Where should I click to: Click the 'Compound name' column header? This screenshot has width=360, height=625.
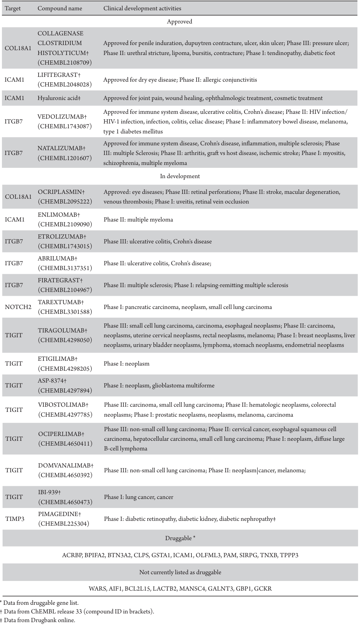(60, 8)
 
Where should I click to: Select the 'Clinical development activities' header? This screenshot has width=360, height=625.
(142, 8)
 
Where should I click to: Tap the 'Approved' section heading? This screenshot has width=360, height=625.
(180, 22)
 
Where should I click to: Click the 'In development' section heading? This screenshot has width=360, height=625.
(180, 176)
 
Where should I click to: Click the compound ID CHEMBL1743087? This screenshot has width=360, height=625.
(65, 126)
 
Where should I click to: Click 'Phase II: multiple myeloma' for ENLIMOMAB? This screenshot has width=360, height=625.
(138, 220)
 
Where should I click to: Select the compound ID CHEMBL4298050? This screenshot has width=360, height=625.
(65, 340)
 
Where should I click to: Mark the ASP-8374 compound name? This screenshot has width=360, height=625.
(52, 381)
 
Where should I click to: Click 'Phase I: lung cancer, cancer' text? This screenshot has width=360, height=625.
(138, 497)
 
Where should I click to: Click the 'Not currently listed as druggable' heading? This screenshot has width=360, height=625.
(180, 572)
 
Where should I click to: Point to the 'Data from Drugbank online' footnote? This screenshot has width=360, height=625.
(40, 620)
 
